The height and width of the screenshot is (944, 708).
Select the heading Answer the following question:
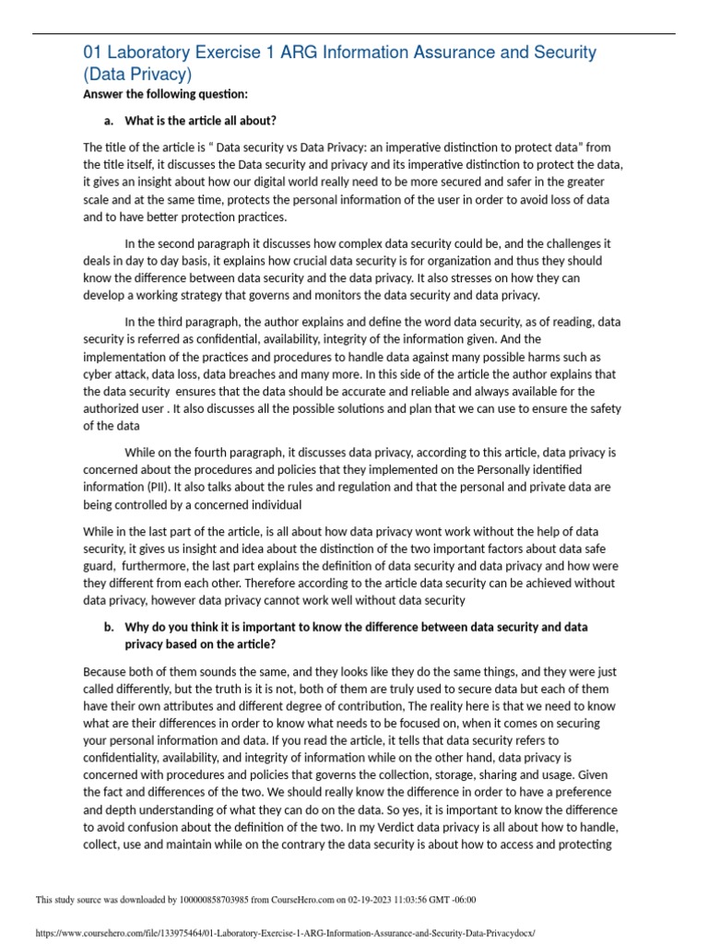pos(165,94)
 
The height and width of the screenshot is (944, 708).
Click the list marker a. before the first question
pos(108,121)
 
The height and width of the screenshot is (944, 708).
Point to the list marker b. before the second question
pos(108,627)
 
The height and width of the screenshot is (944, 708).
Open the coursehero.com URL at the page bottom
pos(285,932)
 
